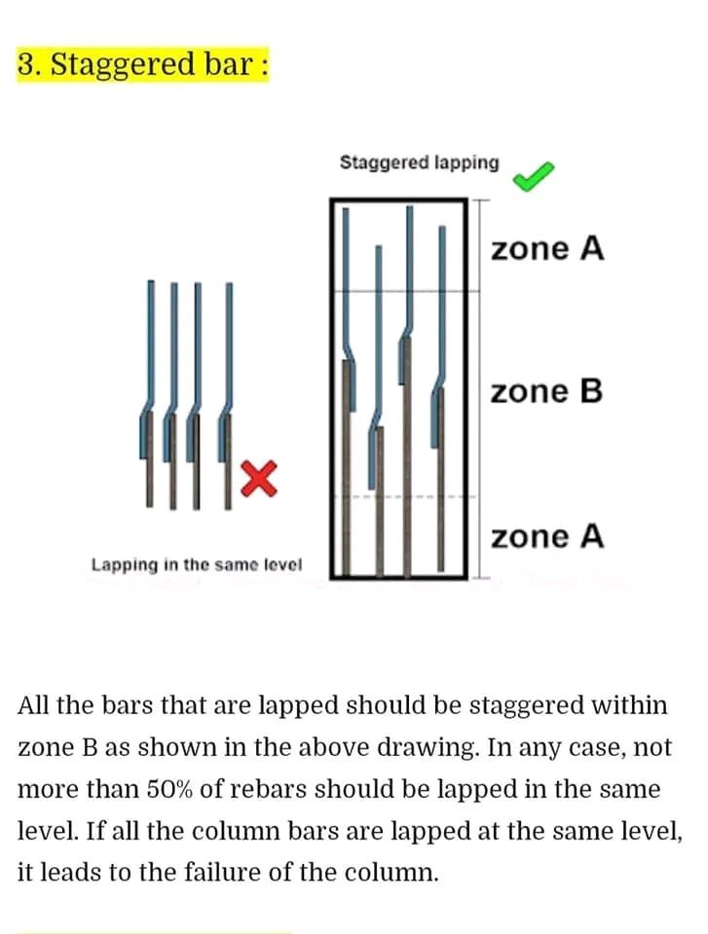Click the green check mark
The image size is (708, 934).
[533, 176]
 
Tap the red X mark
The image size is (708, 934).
[259, 479]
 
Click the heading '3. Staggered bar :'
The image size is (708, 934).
[142, 64]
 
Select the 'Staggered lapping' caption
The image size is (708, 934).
[420, 162]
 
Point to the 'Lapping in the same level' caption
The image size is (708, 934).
[197, 564]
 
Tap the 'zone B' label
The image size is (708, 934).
[546, 392]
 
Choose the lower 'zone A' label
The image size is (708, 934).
[547, 536]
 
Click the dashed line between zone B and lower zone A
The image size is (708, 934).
[404, 496]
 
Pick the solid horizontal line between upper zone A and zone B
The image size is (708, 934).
[405, 291]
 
